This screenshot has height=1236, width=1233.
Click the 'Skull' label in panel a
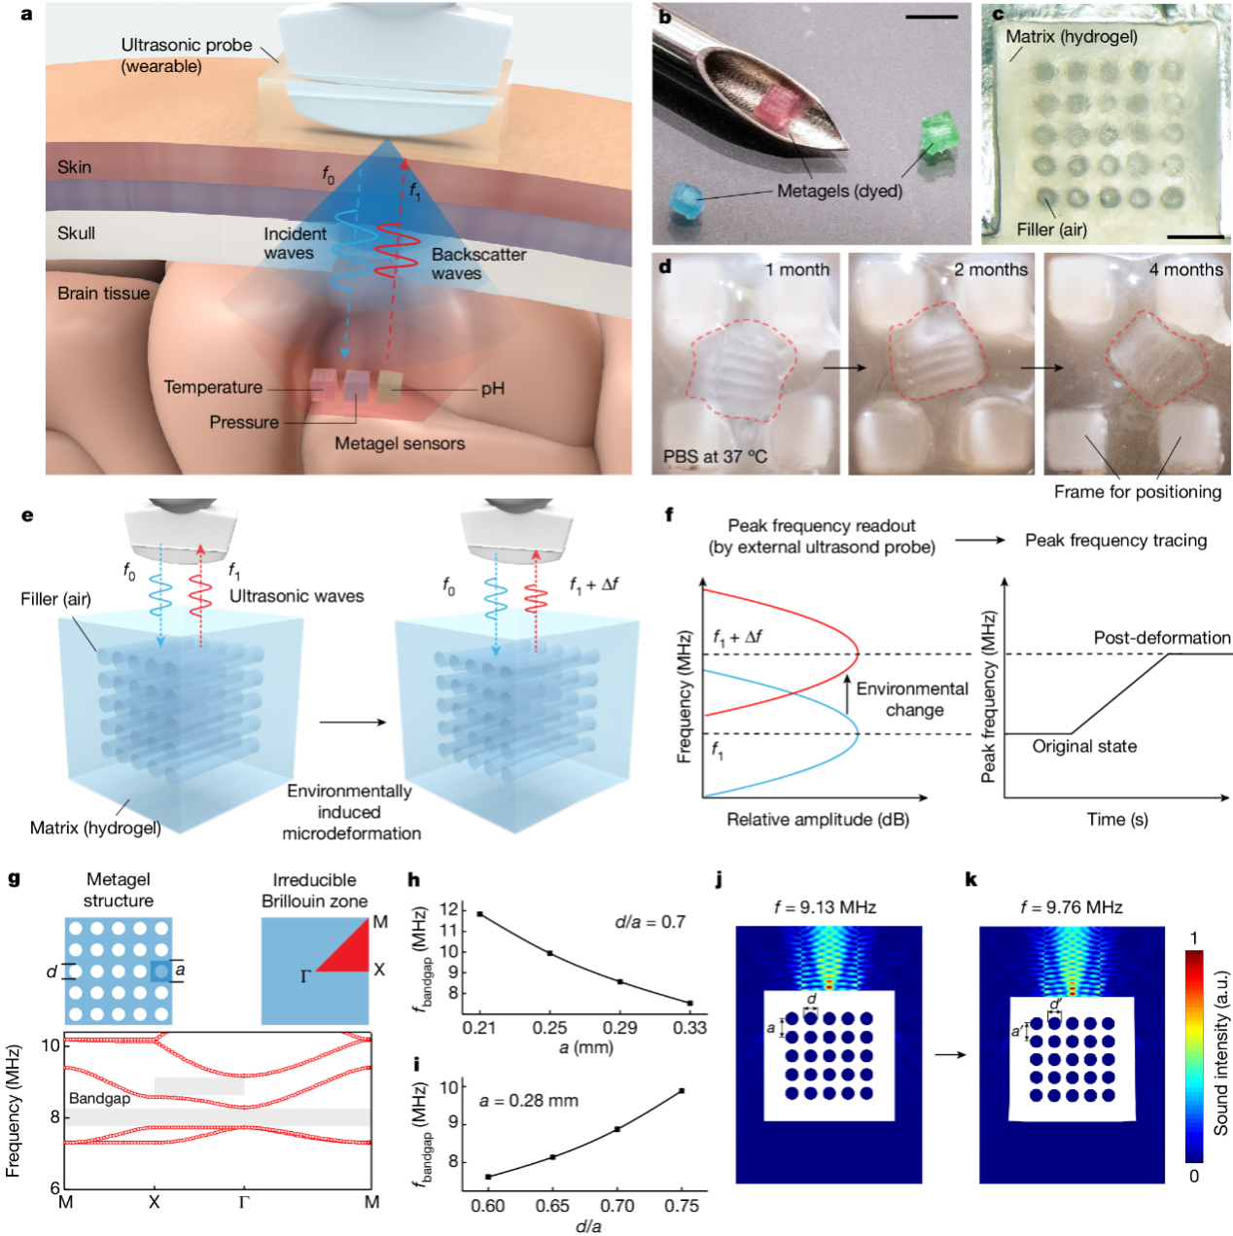point(76,233)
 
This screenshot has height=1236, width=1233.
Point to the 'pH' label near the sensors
point(493,389)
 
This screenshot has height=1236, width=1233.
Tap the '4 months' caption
point(1185,269)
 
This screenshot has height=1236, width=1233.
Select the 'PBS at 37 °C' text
point(715,456)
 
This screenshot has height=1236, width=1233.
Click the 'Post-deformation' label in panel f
point(1161,638)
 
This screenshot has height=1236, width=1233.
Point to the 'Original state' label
point(1084,746)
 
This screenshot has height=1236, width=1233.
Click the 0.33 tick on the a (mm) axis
point(689,1028)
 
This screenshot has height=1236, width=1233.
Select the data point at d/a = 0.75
point(682,1091)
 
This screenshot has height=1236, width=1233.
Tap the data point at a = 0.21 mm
point(479,914)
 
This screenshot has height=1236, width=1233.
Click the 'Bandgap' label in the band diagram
point(99,1099)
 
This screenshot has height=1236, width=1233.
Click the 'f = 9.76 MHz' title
point(1071,907)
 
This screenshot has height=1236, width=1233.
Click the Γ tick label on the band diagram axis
point(244,1203)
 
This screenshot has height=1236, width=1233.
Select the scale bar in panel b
point(931,18)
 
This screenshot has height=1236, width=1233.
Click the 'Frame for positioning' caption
point(1138,492)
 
